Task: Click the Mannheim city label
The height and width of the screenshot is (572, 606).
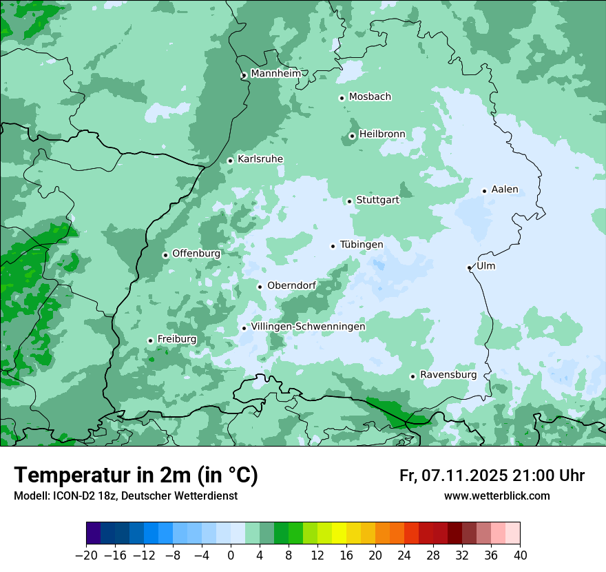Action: tap(275, 74)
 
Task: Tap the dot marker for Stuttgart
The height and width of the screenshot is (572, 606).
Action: tap(350, 201)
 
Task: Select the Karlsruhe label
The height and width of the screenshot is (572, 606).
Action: tap(260, 159)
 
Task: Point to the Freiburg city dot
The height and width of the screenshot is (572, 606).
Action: tap(150, 340)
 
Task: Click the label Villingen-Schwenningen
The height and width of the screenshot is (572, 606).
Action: tap(309, 327)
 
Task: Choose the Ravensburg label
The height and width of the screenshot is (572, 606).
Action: tap(448, 375)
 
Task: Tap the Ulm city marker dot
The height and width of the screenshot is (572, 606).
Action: tap(470, 267)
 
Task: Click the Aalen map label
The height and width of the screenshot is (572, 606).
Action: tap(505, 190)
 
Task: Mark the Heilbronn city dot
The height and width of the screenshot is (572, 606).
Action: tap(352, 136)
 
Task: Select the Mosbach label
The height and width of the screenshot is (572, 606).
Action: tap(370, 97)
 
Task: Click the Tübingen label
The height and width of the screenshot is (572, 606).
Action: tap(362, 245)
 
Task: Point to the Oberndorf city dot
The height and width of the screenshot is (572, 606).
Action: tap(260, 287)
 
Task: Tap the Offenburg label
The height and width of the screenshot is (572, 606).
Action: tap(196, 254)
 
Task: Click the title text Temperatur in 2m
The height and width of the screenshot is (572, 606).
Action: tap(103, 476)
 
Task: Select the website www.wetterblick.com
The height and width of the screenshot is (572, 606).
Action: tap(497, 496)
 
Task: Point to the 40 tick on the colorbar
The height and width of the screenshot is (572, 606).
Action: tap(520, 555)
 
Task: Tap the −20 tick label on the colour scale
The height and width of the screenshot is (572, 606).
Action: tap(86, 555)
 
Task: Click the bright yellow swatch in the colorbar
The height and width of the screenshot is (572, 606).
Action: tap(339, 533)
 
